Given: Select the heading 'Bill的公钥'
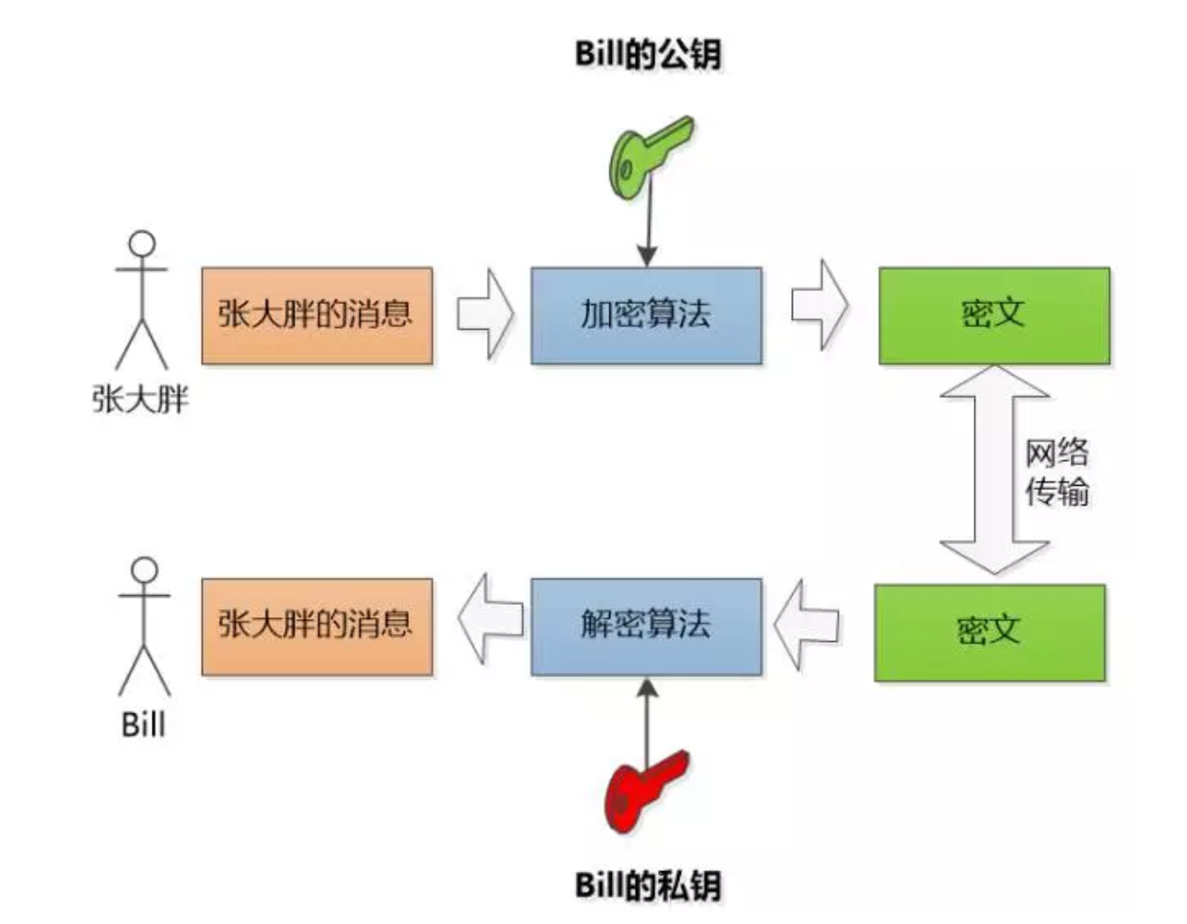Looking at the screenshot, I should click(x=648, y=54).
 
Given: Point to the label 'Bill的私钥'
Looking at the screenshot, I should click(x=648, y=884).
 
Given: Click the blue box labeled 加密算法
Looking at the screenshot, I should click(x=646, y=315).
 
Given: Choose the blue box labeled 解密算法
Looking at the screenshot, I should click(x=646, y=626).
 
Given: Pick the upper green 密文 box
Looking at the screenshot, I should click(x=994, y=315).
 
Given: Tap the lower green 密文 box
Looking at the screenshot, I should click(x=989, y=631).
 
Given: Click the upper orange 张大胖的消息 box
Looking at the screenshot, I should click(x=317, y=315).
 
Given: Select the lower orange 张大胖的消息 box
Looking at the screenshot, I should click(x=317, y=626).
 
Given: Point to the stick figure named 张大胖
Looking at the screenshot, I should click(x=141, y=300).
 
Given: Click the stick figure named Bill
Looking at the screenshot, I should click(x=144, y=626).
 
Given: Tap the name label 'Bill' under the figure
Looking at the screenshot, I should click(x=143, y=725).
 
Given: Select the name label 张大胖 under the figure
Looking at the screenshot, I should click(x=140, y=399).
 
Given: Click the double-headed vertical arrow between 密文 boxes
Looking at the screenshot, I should click(x=994, y=470).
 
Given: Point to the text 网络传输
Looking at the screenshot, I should click(x=1056, y=472).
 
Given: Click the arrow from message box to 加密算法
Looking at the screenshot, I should click(x=484, y=314).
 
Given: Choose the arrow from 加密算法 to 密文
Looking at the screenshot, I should click(x=819, y=305).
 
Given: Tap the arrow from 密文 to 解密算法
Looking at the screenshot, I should click(x=807, y=624).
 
